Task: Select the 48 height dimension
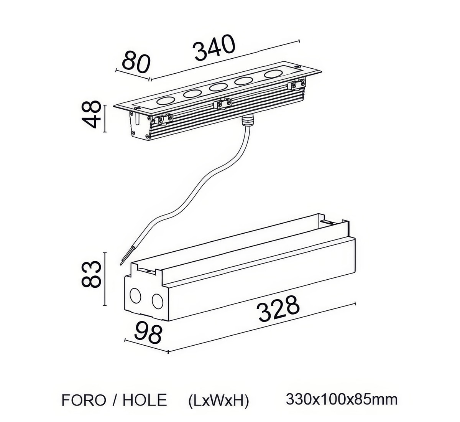point(91,114)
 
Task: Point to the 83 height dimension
point(91,274)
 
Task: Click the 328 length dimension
point(278,309)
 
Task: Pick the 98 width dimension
point(148,334)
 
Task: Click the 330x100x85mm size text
point(342,400)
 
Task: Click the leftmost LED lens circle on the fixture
point(166,101)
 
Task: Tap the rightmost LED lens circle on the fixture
point(273,74)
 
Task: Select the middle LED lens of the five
point(218,87)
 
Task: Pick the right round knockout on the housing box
point(157,301)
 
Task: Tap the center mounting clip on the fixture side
point(222,104)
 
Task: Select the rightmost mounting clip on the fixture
point(297,84)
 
